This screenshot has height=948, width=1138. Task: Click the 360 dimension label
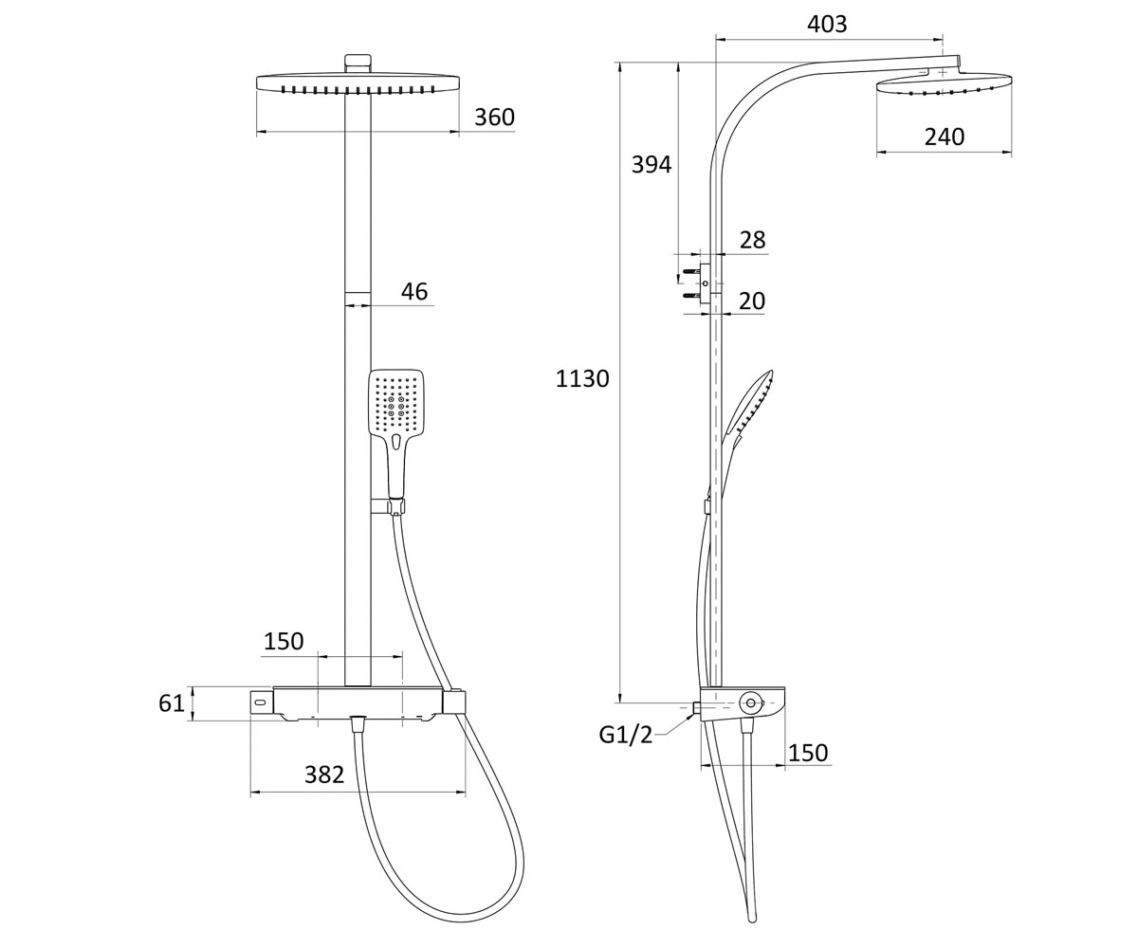(x=494, y=118)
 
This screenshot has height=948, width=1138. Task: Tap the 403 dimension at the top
(x=827, y=25)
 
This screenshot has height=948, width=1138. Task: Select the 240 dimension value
(x=944, y=137)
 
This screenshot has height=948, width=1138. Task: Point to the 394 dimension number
(x=652, y=164)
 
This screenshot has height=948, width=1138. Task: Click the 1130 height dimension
(x=582, y=378)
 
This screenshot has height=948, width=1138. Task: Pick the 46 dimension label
(x=414, y=292)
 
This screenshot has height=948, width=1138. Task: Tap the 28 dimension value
(x=752, y=240)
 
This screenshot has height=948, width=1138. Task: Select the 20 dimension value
(x=752, y=301)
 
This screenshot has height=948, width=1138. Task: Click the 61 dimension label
(x=172, y=703)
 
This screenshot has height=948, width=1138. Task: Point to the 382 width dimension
(x=324, y=775)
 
